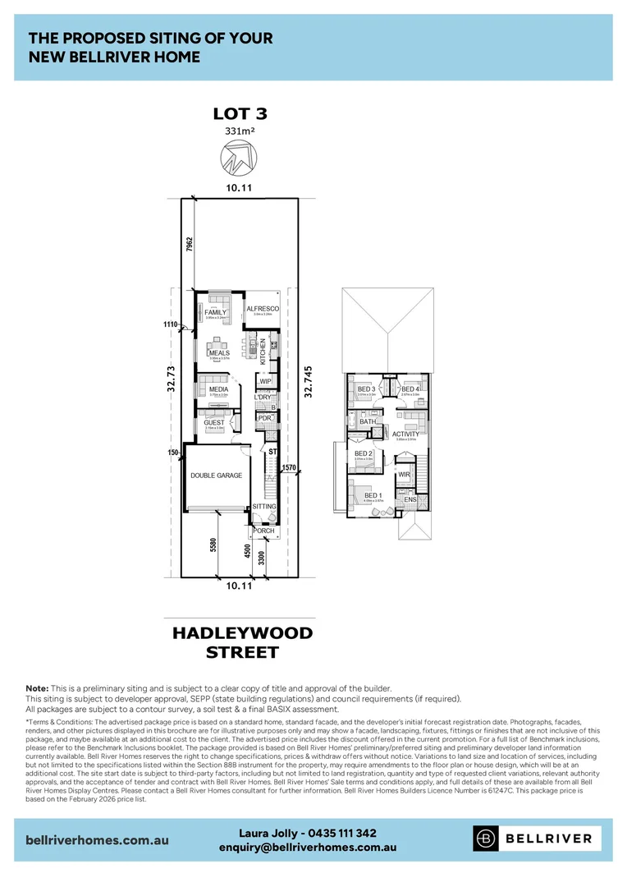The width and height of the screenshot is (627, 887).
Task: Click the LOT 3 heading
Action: coord(240,114)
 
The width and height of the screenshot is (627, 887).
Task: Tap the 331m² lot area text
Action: coord(240,131)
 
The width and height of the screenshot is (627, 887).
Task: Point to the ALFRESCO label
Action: coord(263,308)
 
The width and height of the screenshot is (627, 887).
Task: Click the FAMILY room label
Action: coord(216,313)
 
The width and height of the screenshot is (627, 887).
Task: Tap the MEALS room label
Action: coord(219,353)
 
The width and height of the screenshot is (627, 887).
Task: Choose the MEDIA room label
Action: coord(218,389)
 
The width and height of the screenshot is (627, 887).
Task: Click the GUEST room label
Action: coord(214,423)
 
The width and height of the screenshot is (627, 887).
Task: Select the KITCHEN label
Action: coord(263,352)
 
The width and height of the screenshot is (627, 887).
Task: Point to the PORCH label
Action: coord(263,531)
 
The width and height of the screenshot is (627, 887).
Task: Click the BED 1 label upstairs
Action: coord(372,495)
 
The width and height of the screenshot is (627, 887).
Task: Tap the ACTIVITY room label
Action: coord(406,434)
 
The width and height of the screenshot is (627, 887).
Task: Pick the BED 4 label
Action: coord(410,388)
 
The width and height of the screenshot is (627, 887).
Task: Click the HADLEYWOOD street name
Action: coord(243,634)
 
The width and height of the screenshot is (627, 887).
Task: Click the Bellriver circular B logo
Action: coord(486,839)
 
